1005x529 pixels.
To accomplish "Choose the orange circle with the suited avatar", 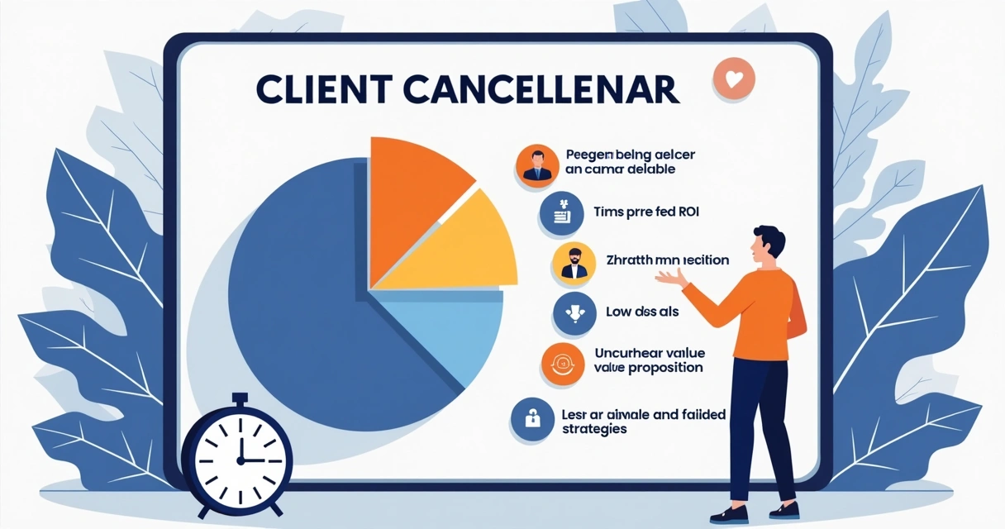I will click(536, 165).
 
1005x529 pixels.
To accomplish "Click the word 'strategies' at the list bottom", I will click(594, 429).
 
